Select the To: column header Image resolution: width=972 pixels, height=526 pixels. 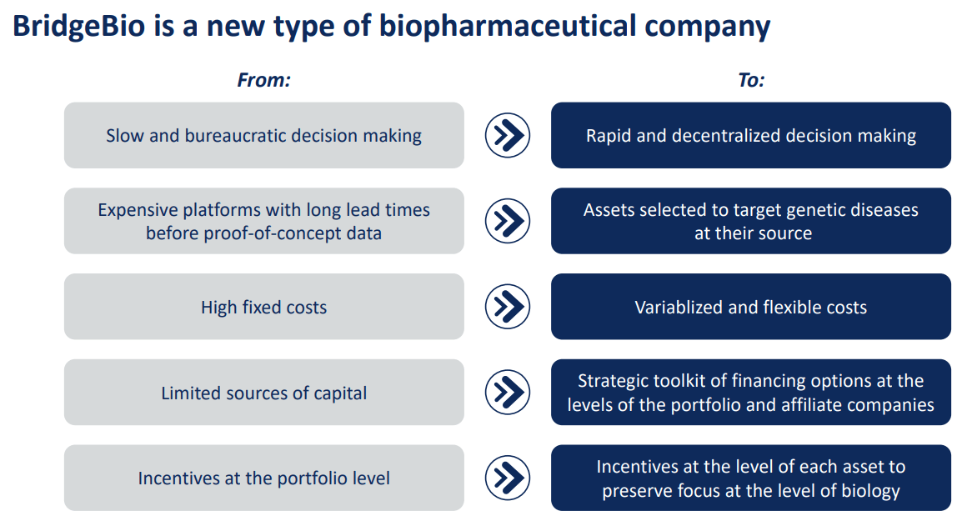[751, 80]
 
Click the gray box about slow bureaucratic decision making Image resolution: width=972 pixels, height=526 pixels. [263, 135]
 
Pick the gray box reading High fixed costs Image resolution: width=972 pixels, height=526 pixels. [263, 307]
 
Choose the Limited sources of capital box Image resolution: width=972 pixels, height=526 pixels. [263, 393]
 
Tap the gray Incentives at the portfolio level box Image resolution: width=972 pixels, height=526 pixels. [263, 478]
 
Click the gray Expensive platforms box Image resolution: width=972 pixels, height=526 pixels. [263, 221]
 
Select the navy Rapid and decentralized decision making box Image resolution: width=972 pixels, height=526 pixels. [750, 135]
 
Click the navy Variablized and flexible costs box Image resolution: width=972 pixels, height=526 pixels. [750, 307]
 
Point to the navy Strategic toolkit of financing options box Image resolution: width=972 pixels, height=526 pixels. [750, 393]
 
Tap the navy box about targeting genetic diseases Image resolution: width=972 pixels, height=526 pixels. [750, 221]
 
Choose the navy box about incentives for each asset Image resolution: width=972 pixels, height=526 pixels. [750, 478]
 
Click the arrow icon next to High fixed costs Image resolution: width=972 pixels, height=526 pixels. [508, 307]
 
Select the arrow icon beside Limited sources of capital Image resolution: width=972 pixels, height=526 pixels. [508, 393]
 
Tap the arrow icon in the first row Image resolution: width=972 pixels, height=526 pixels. [508, 135]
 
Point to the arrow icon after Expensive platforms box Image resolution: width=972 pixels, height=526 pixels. [508, 221]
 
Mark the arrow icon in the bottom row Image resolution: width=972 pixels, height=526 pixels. [508, 478]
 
